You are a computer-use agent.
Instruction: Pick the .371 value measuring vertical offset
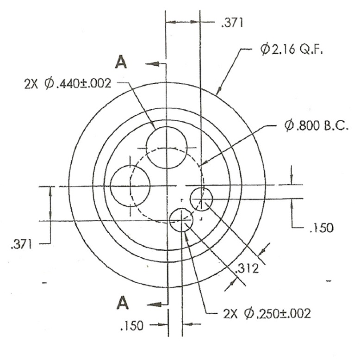point(21,244)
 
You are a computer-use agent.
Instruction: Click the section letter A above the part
point(121,62)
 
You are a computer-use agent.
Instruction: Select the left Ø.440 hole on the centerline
point(130,185)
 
